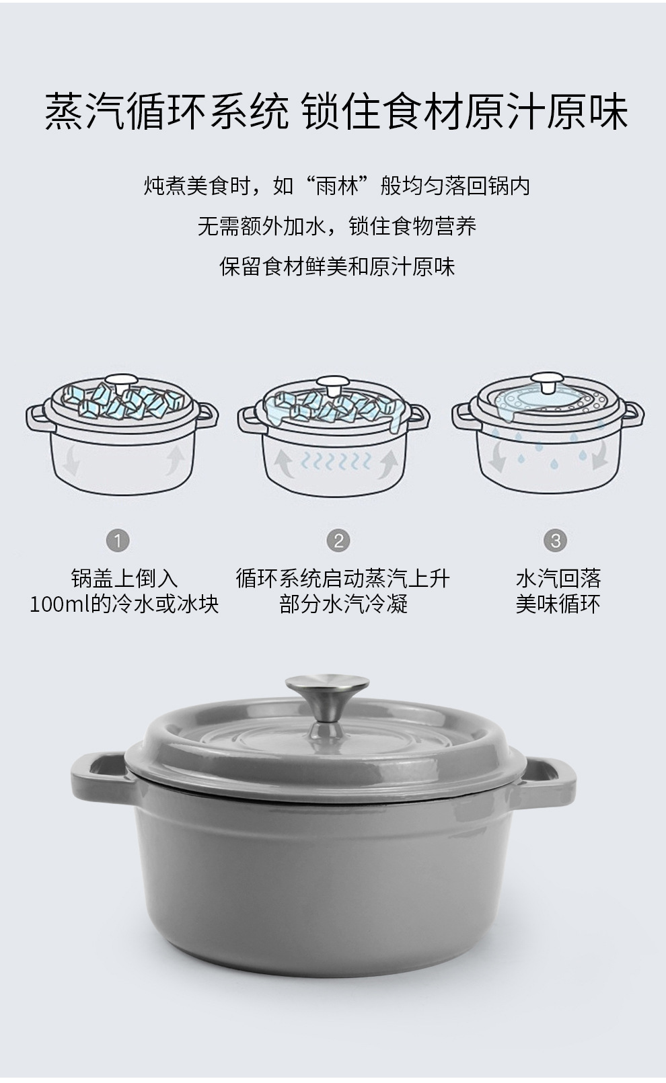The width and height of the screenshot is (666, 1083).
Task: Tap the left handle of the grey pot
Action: click(98, 772)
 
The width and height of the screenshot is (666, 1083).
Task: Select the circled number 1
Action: click(118, 540)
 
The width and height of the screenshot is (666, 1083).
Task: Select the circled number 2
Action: click(338, 540)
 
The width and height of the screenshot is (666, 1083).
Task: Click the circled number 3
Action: click(555, 540)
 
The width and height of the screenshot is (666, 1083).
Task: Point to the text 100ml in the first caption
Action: click(59, 604)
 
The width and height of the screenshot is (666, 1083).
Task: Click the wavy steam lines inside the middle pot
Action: click(336, 462)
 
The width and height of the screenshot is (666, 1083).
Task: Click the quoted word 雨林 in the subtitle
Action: click(338, 186)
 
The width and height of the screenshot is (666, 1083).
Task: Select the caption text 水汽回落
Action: click(558, 578)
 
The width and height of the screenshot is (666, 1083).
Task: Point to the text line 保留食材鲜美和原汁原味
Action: click(337, 266)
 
